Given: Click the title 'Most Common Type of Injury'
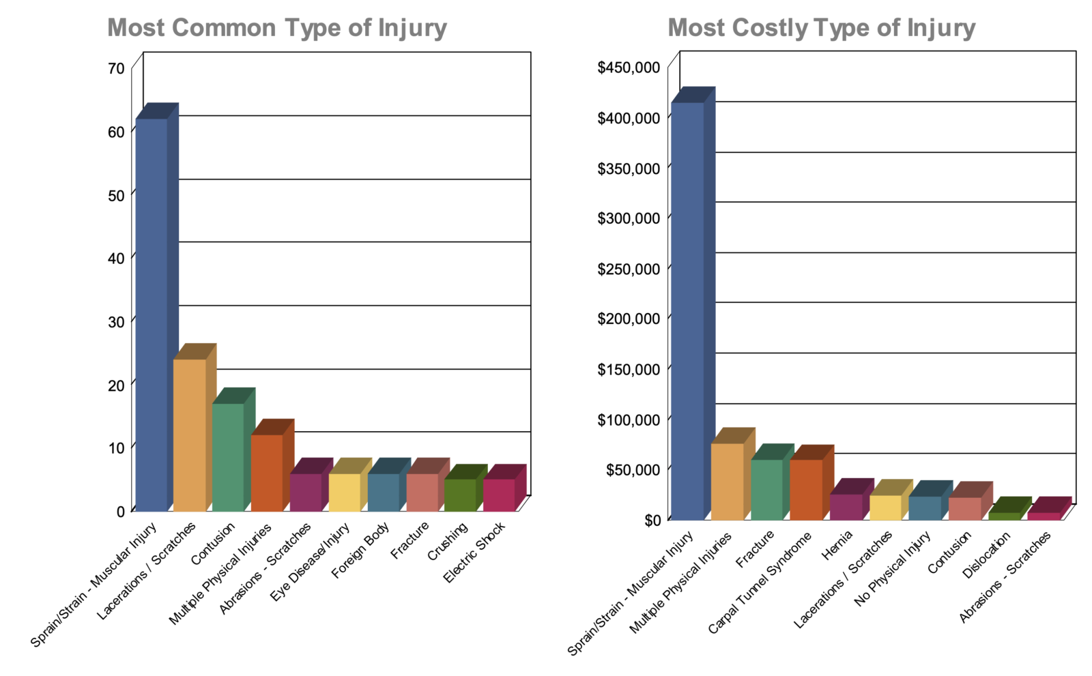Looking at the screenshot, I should [x=276, y=28].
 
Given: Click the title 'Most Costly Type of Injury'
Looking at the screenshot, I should [x=821, y=28].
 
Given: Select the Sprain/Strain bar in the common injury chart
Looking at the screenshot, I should [x=152, y=314].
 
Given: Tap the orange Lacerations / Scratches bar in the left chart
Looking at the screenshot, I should [x=189, y=435].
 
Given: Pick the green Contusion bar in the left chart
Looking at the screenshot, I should [x=228, y=456].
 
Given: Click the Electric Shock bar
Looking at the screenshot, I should [x=499, y=495].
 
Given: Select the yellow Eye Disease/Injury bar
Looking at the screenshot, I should [x=344, y=492].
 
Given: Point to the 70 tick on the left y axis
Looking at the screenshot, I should [x=116, y=68].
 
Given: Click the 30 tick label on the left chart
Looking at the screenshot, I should [x=116, y=321].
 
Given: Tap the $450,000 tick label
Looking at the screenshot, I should [x=629, y=68].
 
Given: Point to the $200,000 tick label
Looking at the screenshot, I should [x=629, y=319].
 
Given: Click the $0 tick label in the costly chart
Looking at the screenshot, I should [x=652, y=520].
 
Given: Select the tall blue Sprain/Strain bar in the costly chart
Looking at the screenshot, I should [x=687, y=310].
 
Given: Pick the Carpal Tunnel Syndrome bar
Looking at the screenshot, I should [x=806, y=489].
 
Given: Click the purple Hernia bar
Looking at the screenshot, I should [x=846, y=507].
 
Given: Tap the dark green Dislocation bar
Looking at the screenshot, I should [x=1004, y=516].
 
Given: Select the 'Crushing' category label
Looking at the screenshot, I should [x=448, y=541].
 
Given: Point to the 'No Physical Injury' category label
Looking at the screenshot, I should [x=893, y=570].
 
